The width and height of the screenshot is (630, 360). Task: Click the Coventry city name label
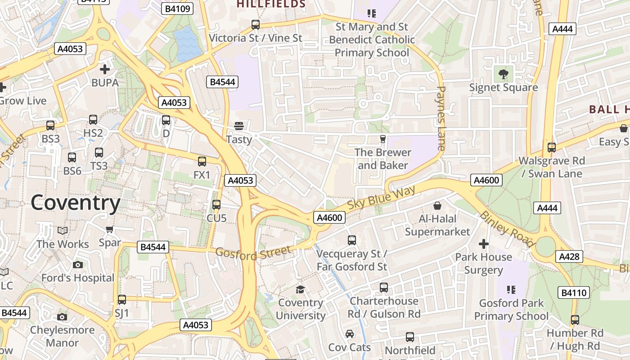(76, 203)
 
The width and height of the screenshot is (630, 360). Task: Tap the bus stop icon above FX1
(202, 162)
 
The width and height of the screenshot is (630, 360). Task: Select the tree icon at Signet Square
(503, 73)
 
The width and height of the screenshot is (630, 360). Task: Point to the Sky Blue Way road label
(381, 200)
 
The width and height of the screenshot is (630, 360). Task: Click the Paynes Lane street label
(441, 118)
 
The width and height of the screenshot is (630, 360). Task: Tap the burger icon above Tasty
(239, 126)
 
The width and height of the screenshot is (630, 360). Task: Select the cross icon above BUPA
(105, 69)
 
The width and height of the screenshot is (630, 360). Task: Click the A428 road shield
(570, 256)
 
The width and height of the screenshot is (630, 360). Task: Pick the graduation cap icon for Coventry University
(300, 289)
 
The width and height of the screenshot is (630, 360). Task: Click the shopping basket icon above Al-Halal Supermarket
(437, 206)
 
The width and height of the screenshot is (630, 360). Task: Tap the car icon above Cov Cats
(350, 334)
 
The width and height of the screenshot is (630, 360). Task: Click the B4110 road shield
(575, 292)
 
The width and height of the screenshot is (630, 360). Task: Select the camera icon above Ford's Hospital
(78, 265)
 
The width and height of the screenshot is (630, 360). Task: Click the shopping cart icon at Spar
(110, 229)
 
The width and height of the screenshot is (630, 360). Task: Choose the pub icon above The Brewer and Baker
(383, 139)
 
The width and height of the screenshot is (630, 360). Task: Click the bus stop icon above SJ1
(122, 300)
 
